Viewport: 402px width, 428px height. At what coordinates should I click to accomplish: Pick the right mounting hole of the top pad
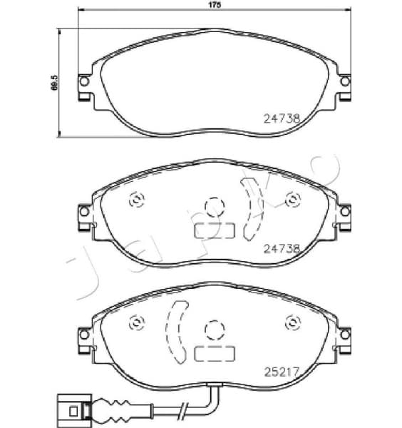coord(345,83)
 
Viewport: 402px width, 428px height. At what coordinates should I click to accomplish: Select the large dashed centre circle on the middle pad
coord(213,207)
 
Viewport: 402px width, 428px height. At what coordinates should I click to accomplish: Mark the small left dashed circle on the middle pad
coord(135,200)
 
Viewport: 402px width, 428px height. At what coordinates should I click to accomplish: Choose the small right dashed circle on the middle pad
coord(291,200)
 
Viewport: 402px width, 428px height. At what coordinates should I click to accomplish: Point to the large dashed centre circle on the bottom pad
coord(213,328)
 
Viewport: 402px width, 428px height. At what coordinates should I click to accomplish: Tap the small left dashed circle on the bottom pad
coord(135,322)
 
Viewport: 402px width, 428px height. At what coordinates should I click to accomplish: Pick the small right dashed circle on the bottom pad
coord(291,322)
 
